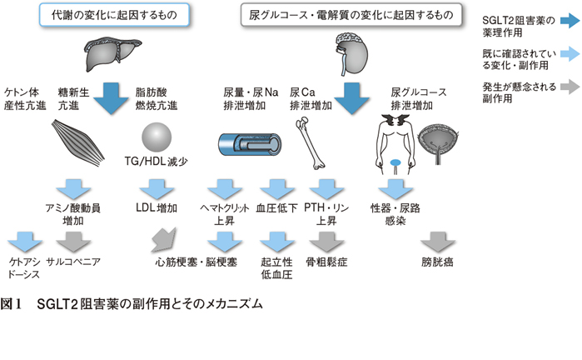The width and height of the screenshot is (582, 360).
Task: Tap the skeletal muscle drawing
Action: (77, 142)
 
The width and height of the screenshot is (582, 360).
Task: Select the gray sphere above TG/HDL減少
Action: (157, 137)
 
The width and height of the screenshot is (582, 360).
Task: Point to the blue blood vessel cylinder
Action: (250, 144)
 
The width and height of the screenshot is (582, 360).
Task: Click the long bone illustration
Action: (311, 143)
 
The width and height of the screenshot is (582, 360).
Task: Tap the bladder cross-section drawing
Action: (438, 143)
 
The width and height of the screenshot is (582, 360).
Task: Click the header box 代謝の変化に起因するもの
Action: (114, 15)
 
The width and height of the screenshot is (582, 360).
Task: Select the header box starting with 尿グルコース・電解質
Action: (351, 15)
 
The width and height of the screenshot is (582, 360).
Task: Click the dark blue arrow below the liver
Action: (111, 98)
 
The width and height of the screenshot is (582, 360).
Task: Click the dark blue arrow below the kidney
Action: (351, 98)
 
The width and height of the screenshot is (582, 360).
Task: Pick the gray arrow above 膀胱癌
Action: (438, 242)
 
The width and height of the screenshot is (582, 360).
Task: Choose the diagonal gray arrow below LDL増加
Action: (164, 240)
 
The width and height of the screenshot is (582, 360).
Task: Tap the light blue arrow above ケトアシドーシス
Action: (25, 242)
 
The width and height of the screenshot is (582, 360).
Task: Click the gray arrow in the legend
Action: (570, 87)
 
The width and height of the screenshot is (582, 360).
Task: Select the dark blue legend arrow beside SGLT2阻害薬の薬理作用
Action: (570, 21)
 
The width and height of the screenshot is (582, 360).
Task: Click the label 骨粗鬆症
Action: (326, 262)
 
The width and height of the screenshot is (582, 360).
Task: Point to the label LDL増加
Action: (157, 207)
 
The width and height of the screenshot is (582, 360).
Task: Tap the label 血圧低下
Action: (277, 208)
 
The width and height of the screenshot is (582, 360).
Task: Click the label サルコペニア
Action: (73, 262)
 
